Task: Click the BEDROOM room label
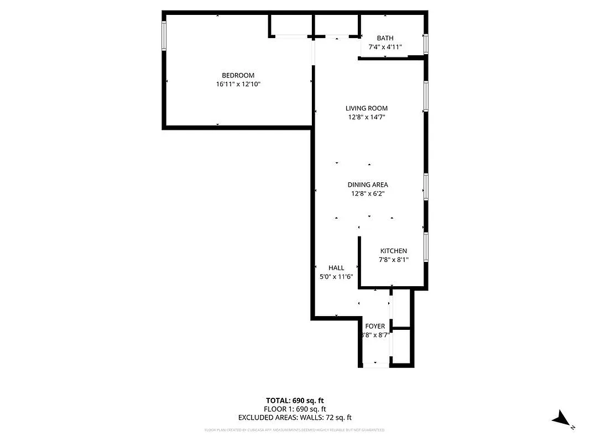pos(238,76)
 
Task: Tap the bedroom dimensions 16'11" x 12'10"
pos(238,85)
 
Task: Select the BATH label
pos(385,38)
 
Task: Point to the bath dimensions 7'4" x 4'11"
pos(385,47)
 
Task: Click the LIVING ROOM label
pos(367,108)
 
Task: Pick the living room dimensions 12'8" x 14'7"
pos(367,117)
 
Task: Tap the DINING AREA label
pos(368,185)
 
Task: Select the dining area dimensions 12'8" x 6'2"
pos(368,193)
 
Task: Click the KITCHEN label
pos(393,251)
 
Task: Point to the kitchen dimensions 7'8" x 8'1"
pos(393,260)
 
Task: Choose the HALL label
pos(336,268)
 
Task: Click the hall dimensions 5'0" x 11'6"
pos(336,277)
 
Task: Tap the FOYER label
pos(375,327)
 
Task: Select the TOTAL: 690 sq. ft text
pos(295,400)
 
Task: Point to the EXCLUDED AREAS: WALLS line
pos(295,418)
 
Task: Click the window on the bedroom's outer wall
pos(164,36)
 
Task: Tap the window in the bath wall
pos(426,44)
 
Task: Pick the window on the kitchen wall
pos(426,246)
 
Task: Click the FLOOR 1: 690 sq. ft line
pos(295,409)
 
